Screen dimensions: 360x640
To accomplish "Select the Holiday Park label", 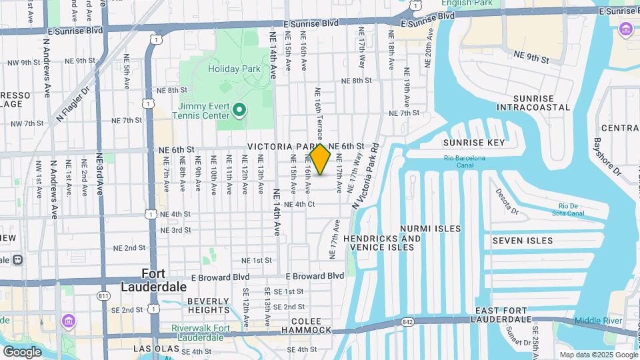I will (228, 69).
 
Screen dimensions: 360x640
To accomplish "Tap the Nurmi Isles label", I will (430, 229).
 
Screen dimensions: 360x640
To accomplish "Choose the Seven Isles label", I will (523, 240).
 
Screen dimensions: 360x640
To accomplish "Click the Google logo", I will (22, 351).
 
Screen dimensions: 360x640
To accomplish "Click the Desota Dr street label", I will (507, 202).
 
